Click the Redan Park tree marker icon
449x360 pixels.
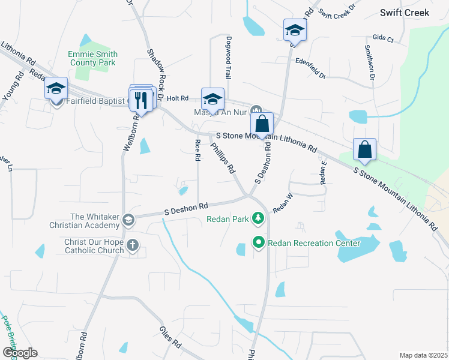coord(259,218)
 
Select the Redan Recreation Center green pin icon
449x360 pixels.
coord(259,243)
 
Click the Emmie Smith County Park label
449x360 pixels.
coord(92,58)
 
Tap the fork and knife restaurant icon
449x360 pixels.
coord(141,100)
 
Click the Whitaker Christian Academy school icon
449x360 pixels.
coord(128,220)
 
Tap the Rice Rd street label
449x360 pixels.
coord(197,151)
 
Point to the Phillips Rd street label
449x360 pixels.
coord(223,158)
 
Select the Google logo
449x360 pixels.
coord(20,353)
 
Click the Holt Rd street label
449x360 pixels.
coord(178,98)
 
